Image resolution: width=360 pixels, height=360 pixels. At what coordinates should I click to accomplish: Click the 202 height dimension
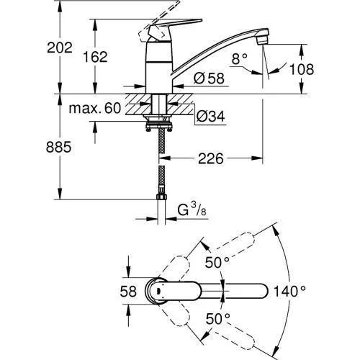coord(60,48)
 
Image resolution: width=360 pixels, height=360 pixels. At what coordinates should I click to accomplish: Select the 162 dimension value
coord(95,57)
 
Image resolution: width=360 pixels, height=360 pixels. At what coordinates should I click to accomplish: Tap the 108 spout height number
coord(302,69)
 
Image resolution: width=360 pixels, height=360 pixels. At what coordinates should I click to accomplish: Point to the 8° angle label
coord(240,59)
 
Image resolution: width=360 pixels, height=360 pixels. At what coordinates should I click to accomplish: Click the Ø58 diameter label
coord(209,78)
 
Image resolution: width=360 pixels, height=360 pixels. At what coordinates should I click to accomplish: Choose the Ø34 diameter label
coord(211,117)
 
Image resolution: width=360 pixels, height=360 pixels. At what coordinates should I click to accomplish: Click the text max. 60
coord(95,108)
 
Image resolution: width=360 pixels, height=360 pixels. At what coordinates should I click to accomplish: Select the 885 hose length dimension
coord(59,147)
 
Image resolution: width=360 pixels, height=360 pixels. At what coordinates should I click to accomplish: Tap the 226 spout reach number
coord(211,158)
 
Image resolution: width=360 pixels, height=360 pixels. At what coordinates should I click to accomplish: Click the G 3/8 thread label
coord(192,210)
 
